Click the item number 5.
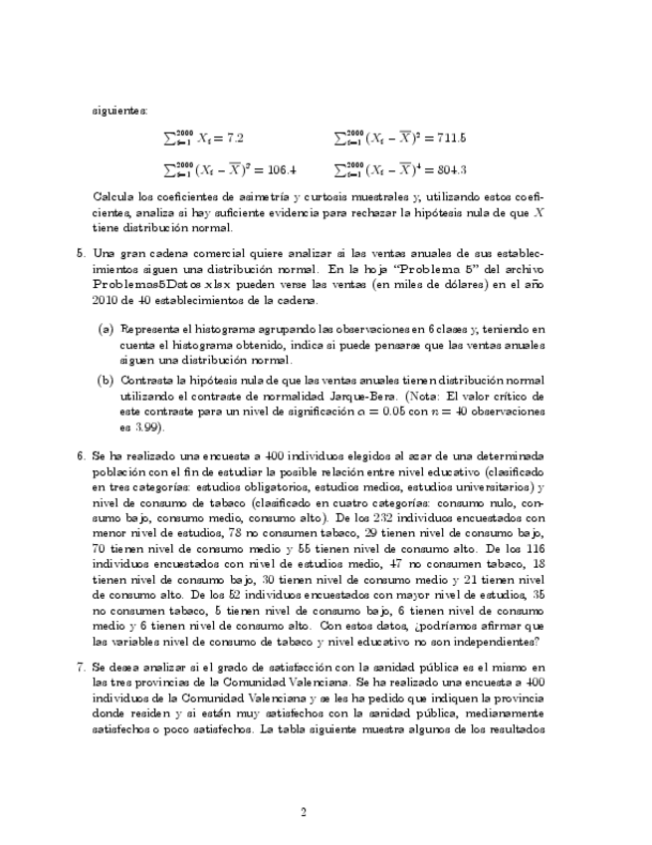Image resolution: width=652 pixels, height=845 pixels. [x=81, y=253]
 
